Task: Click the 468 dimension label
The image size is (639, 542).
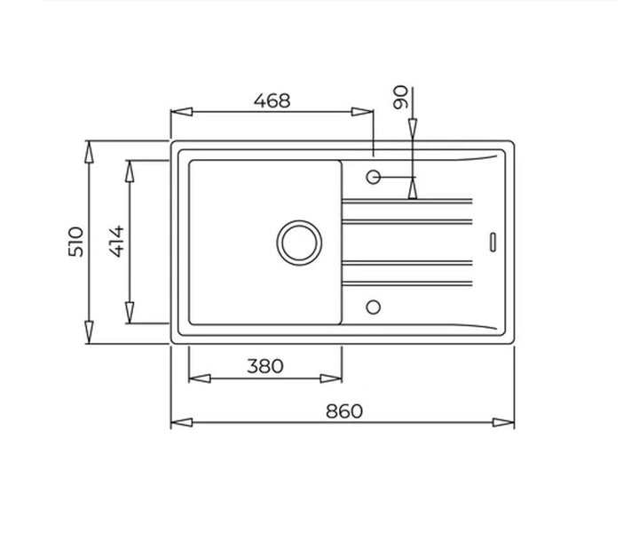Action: [272, 100]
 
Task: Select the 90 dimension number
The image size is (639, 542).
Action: [400, 97]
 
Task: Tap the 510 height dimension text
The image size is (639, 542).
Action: [75, 242]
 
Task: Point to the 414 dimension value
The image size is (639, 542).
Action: [116, 241]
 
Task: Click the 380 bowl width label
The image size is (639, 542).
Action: [264, 366]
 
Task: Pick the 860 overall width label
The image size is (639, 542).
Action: [344, 411]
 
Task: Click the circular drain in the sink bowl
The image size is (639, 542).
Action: [299, 243]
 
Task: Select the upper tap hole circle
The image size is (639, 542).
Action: [374, 177]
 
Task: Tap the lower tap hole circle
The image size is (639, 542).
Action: [374, 307]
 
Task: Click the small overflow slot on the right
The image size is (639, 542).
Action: [493, 242]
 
